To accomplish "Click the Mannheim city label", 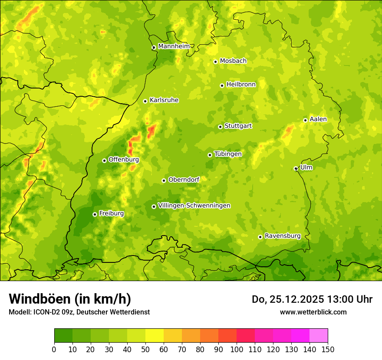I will click(174, 46).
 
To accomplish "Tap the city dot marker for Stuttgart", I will click(220, 127).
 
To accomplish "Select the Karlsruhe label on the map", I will click(164, 100).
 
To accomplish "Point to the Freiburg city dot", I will click(95, 214).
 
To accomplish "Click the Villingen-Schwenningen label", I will click(194, 206).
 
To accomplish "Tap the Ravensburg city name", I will click(283, 236).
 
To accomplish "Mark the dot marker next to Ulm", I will click(296, 168).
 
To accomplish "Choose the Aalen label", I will click(318, 119).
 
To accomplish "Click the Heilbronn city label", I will click(241, 85).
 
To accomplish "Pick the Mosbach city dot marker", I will click(215, 62).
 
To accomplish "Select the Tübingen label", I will click(228, 154).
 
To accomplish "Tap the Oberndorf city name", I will click(184, 180).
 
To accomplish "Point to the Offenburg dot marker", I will click(104, 160).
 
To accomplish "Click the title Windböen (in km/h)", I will click(69, 299).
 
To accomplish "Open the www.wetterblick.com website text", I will click(313, 312).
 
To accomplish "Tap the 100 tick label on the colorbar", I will click(237, 349).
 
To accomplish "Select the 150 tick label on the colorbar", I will click(328, 349).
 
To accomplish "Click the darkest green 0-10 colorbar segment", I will click(63, 336).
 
